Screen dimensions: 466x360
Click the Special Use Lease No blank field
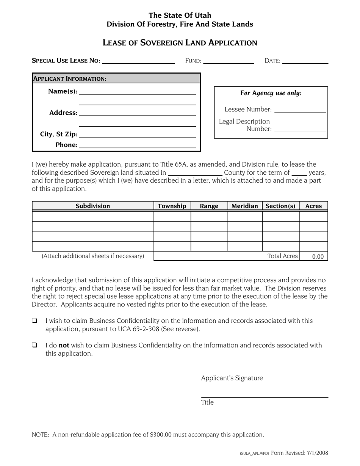click(x=138, y=61)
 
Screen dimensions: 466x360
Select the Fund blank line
click(x=228, y=61)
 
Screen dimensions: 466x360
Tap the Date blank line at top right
click(x=305, y=61)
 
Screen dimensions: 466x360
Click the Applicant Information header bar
click(x=116, y=79)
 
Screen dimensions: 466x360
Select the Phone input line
click(x=137, y=145)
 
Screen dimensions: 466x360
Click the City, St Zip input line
click(x=137, y=134)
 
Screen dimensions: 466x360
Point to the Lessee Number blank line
click(x=300, y=109)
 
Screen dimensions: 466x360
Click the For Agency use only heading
click(x=271, y=93)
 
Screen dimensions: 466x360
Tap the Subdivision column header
click(x=93, y=206)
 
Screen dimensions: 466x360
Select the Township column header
click(x=172, y=206)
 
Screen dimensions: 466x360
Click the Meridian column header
click(x=244, y=206)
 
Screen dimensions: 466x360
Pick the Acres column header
click(x=313, y=206)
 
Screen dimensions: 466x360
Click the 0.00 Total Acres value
click(x=318, y=256)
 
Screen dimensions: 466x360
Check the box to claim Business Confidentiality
click(x=34, y=321)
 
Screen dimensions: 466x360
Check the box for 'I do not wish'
click(x=34, y=345)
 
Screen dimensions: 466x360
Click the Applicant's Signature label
click(x=232, y=378)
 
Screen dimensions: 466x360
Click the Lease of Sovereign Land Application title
click(x=180, y=43)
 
